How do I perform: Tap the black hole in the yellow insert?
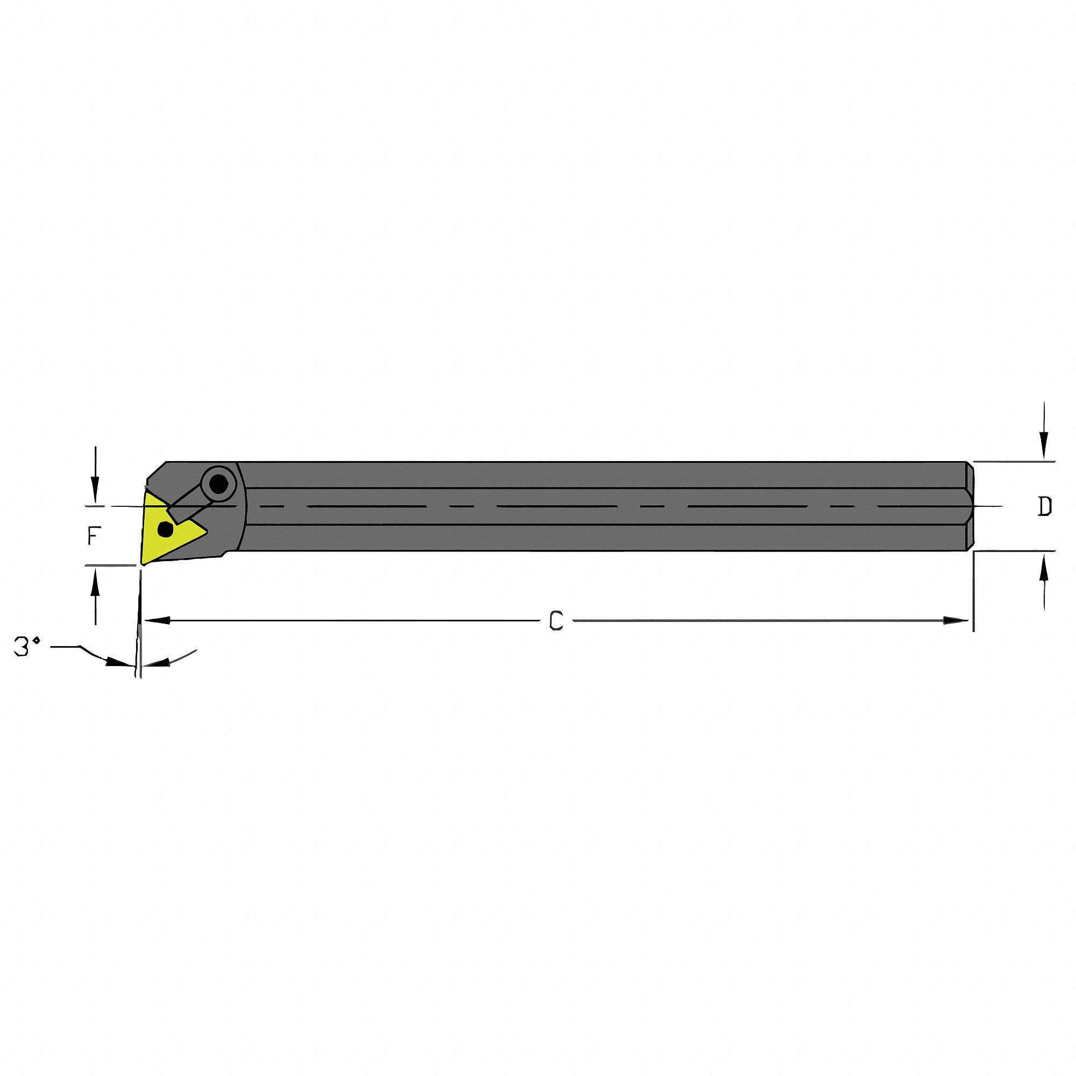point(165,529)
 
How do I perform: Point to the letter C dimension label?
point(556,620)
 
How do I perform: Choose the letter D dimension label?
point(1045,506)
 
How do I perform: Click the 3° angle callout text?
point(27,647)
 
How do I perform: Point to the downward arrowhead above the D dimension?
point(1044,450)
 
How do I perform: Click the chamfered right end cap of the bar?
point(969,506)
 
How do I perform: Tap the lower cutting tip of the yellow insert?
point(143,563)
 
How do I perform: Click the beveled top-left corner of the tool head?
point(156,471)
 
